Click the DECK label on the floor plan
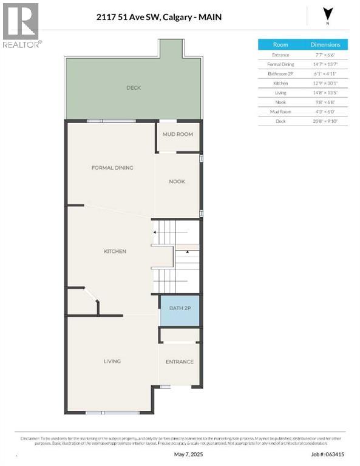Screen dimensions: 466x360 coord(134,88)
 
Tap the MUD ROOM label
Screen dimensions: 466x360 coord(177,134)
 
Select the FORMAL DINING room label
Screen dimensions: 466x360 coord(112,168)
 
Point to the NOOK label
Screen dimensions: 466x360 coord(177,181)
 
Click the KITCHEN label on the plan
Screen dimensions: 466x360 coord(115,251)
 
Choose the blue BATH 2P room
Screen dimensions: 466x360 coord(180,309)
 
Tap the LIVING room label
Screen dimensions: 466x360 coord(112,361)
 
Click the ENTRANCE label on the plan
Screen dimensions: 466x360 coord(180,362)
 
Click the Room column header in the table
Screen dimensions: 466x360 coord(280,45)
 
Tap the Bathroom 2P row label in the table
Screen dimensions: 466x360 coord(280,73)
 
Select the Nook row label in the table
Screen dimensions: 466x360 coord(280,102)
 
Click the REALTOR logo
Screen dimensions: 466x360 coord(21,25)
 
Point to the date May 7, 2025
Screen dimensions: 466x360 coord(186,453)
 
